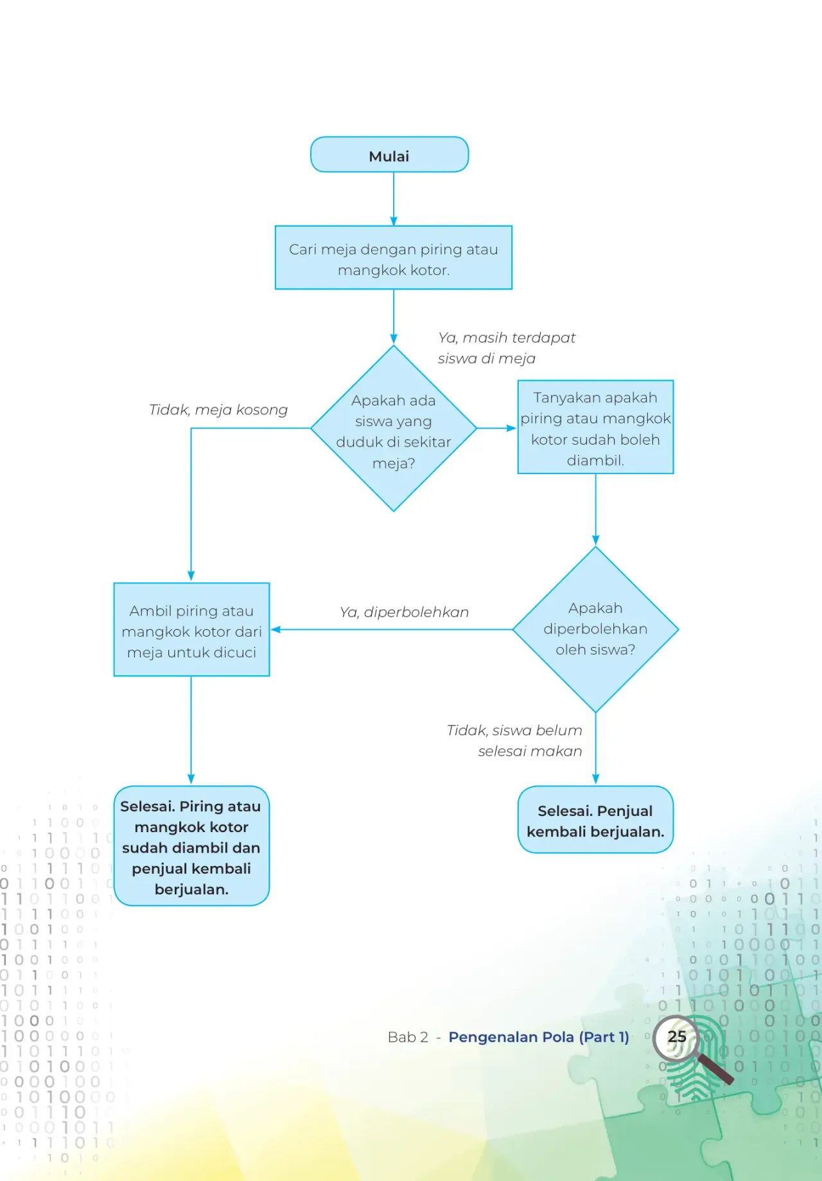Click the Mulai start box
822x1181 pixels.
(389, 154)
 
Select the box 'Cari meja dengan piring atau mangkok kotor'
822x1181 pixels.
(394, 258)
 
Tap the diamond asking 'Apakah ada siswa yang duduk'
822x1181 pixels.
(394, 429)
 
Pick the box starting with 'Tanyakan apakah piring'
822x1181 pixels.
(596, 427)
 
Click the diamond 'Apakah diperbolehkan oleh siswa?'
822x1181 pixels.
(596, 630)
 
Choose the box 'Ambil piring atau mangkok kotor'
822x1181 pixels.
(191, 630)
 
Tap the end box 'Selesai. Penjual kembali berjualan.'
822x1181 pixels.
(596, 820)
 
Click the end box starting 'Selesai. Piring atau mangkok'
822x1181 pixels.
(191, 846)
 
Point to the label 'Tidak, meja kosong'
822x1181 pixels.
(218, 410)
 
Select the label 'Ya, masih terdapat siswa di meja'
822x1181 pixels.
(507, 348)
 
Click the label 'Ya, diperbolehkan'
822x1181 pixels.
(404, 612)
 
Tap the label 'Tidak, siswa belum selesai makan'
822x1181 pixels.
(515, 740)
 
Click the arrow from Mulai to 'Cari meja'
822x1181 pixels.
(394, 199)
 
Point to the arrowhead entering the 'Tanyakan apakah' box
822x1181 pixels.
(512, 428)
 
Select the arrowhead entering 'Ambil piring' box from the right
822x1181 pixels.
(276, 630)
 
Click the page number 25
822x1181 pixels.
(677, 1036)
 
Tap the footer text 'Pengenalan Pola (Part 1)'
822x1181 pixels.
(539, 1037)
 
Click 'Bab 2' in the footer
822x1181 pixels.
(408, 1037)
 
